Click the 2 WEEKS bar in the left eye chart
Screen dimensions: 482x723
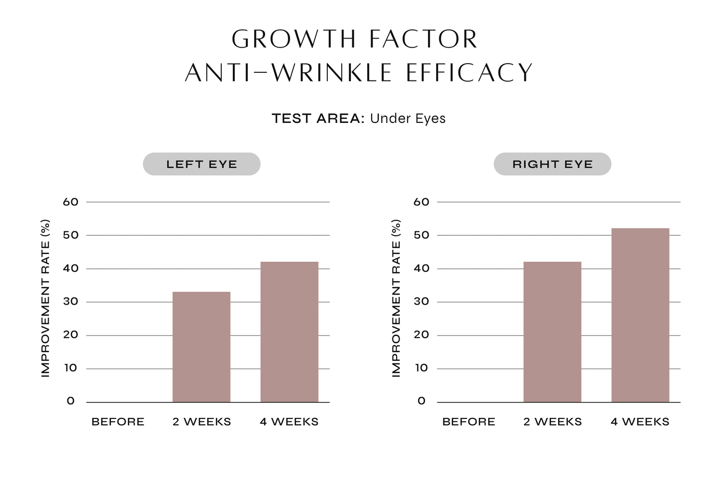201,347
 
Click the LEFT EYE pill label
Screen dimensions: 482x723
201,164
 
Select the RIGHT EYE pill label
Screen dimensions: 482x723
552,164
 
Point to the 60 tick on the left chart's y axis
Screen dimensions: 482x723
70,202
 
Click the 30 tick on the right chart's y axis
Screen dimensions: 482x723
421,302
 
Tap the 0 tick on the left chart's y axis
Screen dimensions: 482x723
71,401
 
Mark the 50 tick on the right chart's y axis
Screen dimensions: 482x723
421,235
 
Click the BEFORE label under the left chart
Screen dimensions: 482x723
118,422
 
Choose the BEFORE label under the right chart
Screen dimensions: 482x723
469,422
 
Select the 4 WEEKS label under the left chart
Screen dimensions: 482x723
289,422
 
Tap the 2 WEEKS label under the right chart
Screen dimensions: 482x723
552,422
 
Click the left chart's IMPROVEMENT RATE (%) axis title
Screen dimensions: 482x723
45,298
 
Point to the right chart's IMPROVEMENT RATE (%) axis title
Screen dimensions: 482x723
396,298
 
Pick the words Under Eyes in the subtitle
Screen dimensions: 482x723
408,119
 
